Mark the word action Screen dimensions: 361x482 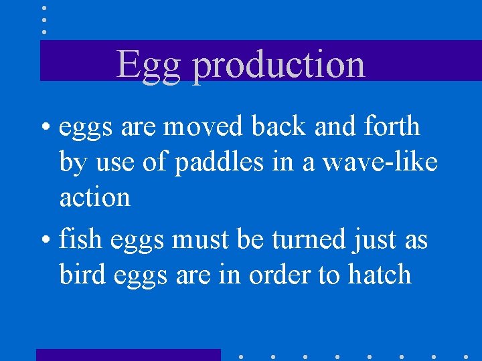click(94, 197)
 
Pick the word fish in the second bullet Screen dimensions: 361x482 click(79, 239)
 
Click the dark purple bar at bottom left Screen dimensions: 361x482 click(128, 354)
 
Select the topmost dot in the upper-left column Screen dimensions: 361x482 click(44, 8)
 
